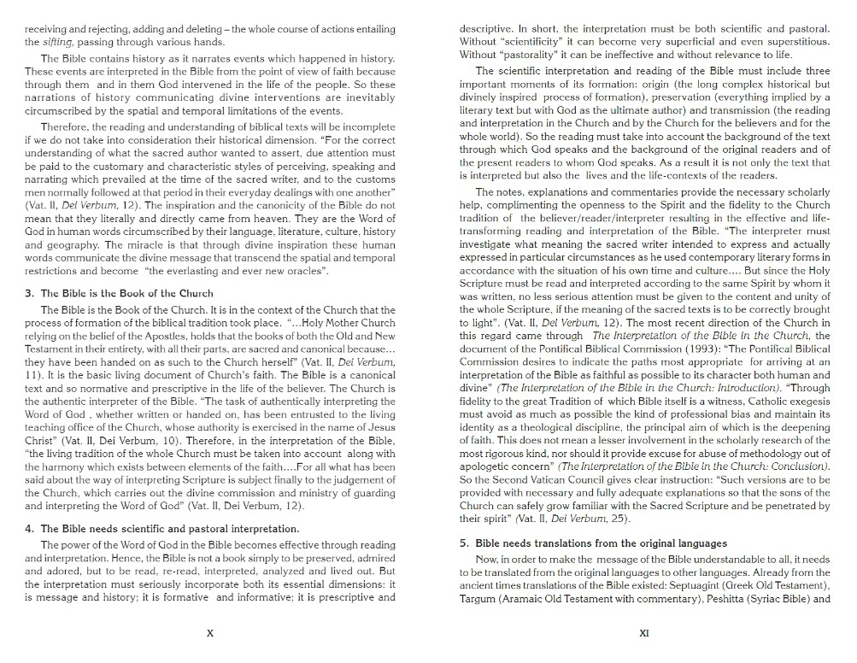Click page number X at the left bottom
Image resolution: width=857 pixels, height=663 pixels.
pos(210,633)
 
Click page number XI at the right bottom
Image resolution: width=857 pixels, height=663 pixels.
pos(644,633)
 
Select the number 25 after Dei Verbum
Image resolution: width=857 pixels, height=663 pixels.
pos(609,518)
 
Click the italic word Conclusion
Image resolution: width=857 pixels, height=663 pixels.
pos(798,466)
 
